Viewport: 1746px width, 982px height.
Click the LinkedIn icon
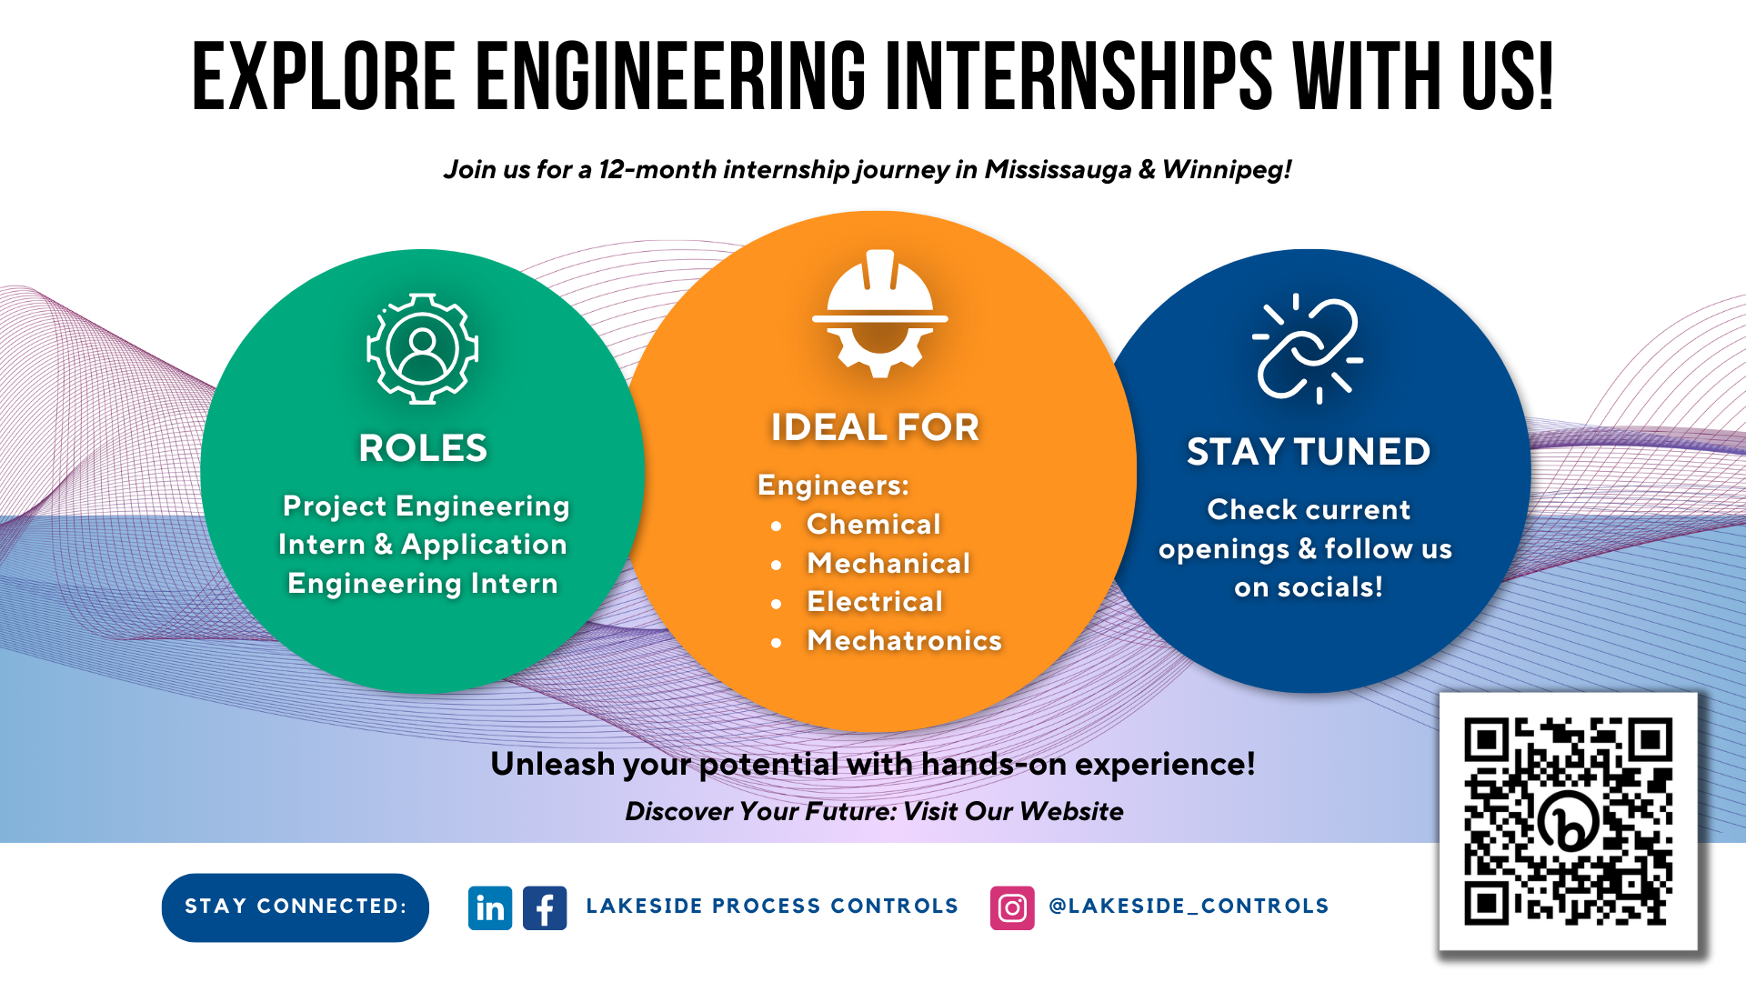pyautogui.click(x=490, y=907)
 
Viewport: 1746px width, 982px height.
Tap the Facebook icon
pyautogui.click(x=545, y=907)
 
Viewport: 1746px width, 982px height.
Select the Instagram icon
pyautogui.click(x=1012, y=907)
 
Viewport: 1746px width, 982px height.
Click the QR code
pyautogui.click(x=1568, y=822)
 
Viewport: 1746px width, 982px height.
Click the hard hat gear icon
pyautogui.click(x=879, y=313)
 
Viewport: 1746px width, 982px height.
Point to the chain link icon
pyautogui.click(x=1308, y=348)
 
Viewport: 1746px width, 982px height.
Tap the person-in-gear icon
pyautogui.click(x=422, y=348)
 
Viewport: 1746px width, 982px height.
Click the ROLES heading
pyautogui.click(x=423, y=448)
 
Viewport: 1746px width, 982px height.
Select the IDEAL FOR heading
pyautogui.click(x=875, y=427)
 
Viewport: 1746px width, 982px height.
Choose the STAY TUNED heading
pyautogui.click(x=1309, y=452)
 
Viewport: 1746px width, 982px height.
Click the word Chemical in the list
pyautogui.click(x=874, y=525)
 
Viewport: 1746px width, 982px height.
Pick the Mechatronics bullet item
pyautogui.click(x=904, y=641)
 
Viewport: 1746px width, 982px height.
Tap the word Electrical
pyautogui.click(x=875, y=602)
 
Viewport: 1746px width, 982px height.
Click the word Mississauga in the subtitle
pyautogui.click(x=1059, y=170)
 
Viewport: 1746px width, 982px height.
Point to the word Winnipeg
pyautogui.click(x=1227, y=170)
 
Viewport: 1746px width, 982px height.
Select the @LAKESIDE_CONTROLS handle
pyautogui.click(x=1189, y=907)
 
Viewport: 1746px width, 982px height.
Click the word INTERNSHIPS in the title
pyautogui.click(x=1079, y=77)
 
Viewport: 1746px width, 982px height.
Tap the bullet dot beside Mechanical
pyautogui.click(x=776, y=565)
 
